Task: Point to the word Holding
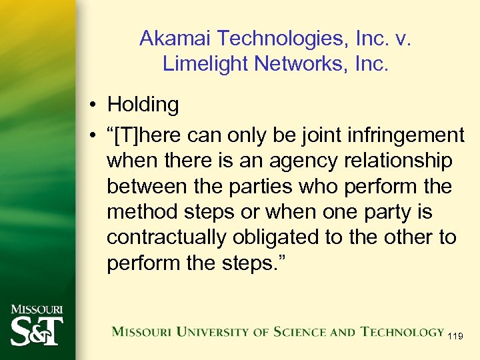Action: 143,105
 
